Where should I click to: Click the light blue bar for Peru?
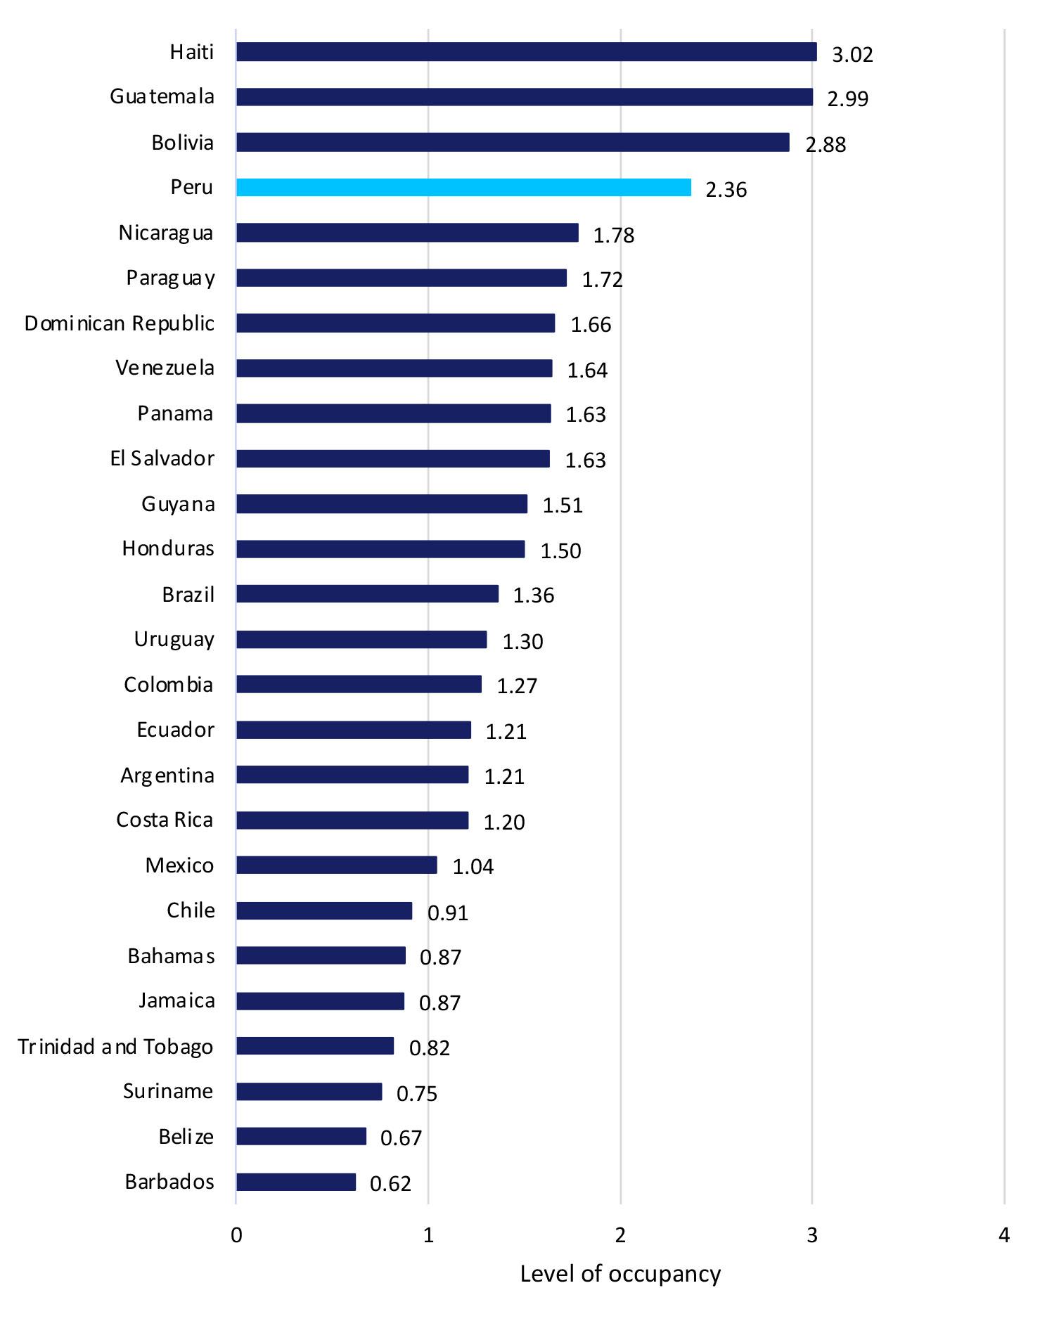tap(463, 188)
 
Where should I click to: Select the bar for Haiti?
tap(526, 52)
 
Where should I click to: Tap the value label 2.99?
tap(847, 98)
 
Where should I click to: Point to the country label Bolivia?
tap(183, 143)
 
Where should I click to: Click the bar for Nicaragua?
tap(407, 233)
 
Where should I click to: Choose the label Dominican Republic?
tap(120, 323)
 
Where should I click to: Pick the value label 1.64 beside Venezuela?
tap(587, 370)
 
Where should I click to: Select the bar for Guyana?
tap(382, 504)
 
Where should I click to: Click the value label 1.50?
tap(560, 550)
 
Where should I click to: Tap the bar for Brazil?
tap(367, 594)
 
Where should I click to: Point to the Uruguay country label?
tap(174, 640)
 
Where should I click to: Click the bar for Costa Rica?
tap(352, 820)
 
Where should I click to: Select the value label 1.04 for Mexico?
tap(473, 867)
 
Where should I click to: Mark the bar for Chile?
tap(324, 911)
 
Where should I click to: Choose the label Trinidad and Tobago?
tap(116, 1047)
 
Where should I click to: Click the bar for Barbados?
tap(296, 1183)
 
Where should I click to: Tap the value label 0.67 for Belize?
tap(401, 1138)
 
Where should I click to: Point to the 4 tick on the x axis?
tap(1004, 1235)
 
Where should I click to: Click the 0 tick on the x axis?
tap(236, 1235)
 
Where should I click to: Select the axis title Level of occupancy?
tap(620, 1274)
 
